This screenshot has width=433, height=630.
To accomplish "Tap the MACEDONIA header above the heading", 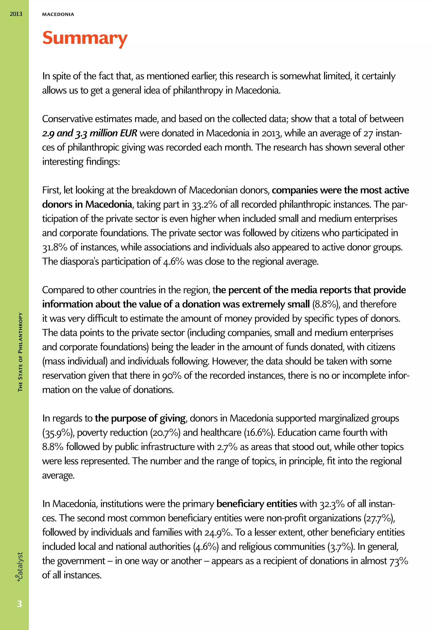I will tap(58, 14).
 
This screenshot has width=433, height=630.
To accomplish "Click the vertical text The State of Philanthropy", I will tap(20, 352).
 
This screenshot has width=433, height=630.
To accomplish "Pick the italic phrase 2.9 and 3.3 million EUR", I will tap(89, 133).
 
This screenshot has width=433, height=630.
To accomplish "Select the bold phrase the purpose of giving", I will tap(140, 418).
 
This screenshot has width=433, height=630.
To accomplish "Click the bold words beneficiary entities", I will tap(257, 504).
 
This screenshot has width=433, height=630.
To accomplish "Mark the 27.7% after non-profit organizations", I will tap(378, 518).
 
